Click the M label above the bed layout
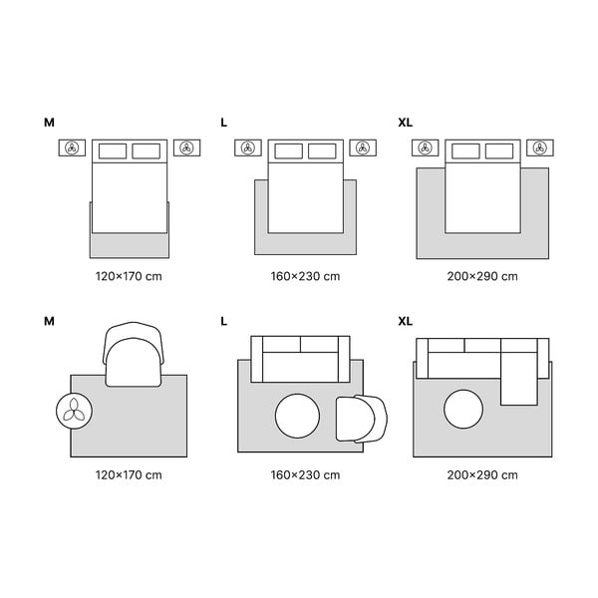point(49,123)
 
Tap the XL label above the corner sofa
point(405,322)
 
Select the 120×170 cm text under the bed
point(129,276)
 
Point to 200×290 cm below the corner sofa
point(482,474)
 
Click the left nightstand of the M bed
point(72,149)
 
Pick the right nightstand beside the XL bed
point(540,149)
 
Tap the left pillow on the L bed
point(288,150)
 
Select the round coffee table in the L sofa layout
point(296,417)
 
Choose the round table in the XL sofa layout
point(463,410)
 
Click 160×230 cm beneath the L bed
point(305,276)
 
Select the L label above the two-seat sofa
point(224,322)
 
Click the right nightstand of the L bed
point(362,149)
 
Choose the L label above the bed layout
point(224,123)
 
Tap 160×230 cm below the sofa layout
point(305,474)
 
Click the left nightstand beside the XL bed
point(426,149)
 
